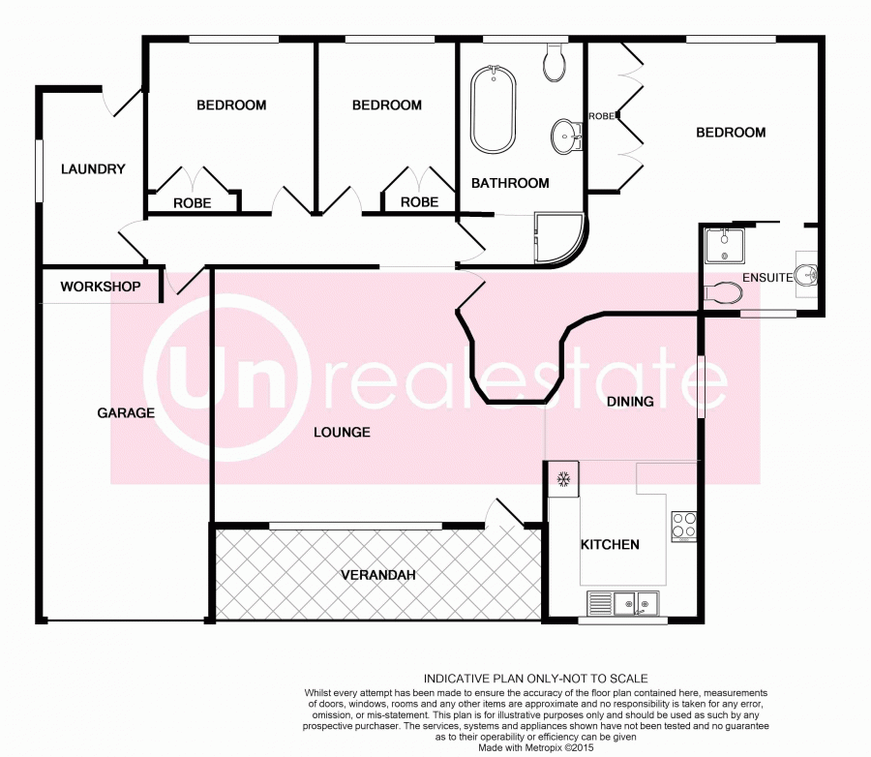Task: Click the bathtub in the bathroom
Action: [494, 109]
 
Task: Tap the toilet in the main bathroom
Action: [554, 62]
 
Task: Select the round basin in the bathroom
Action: [566, 136]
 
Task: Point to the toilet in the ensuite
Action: [723, 293]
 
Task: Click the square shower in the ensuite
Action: [724, 246]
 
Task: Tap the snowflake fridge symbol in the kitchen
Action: [564, 478]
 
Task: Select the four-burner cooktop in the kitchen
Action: [683, 527]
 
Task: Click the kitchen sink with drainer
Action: [623, 603]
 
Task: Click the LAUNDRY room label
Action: [93, 169]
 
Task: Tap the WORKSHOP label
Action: [101, 287]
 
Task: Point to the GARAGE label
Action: [126, 413]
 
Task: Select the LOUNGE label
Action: [343, 433]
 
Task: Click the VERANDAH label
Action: [378, 575]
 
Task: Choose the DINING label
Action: [630, 402]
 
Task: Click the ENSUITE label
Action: [767, 278]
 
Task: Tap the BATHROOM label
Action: [510, 183]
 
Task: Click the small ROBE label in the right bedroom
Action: [602, 116]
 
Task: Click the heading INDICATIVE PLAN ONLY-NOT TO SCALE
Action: [536, 679]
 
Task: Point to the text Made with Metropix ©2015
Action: [536, 747]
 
